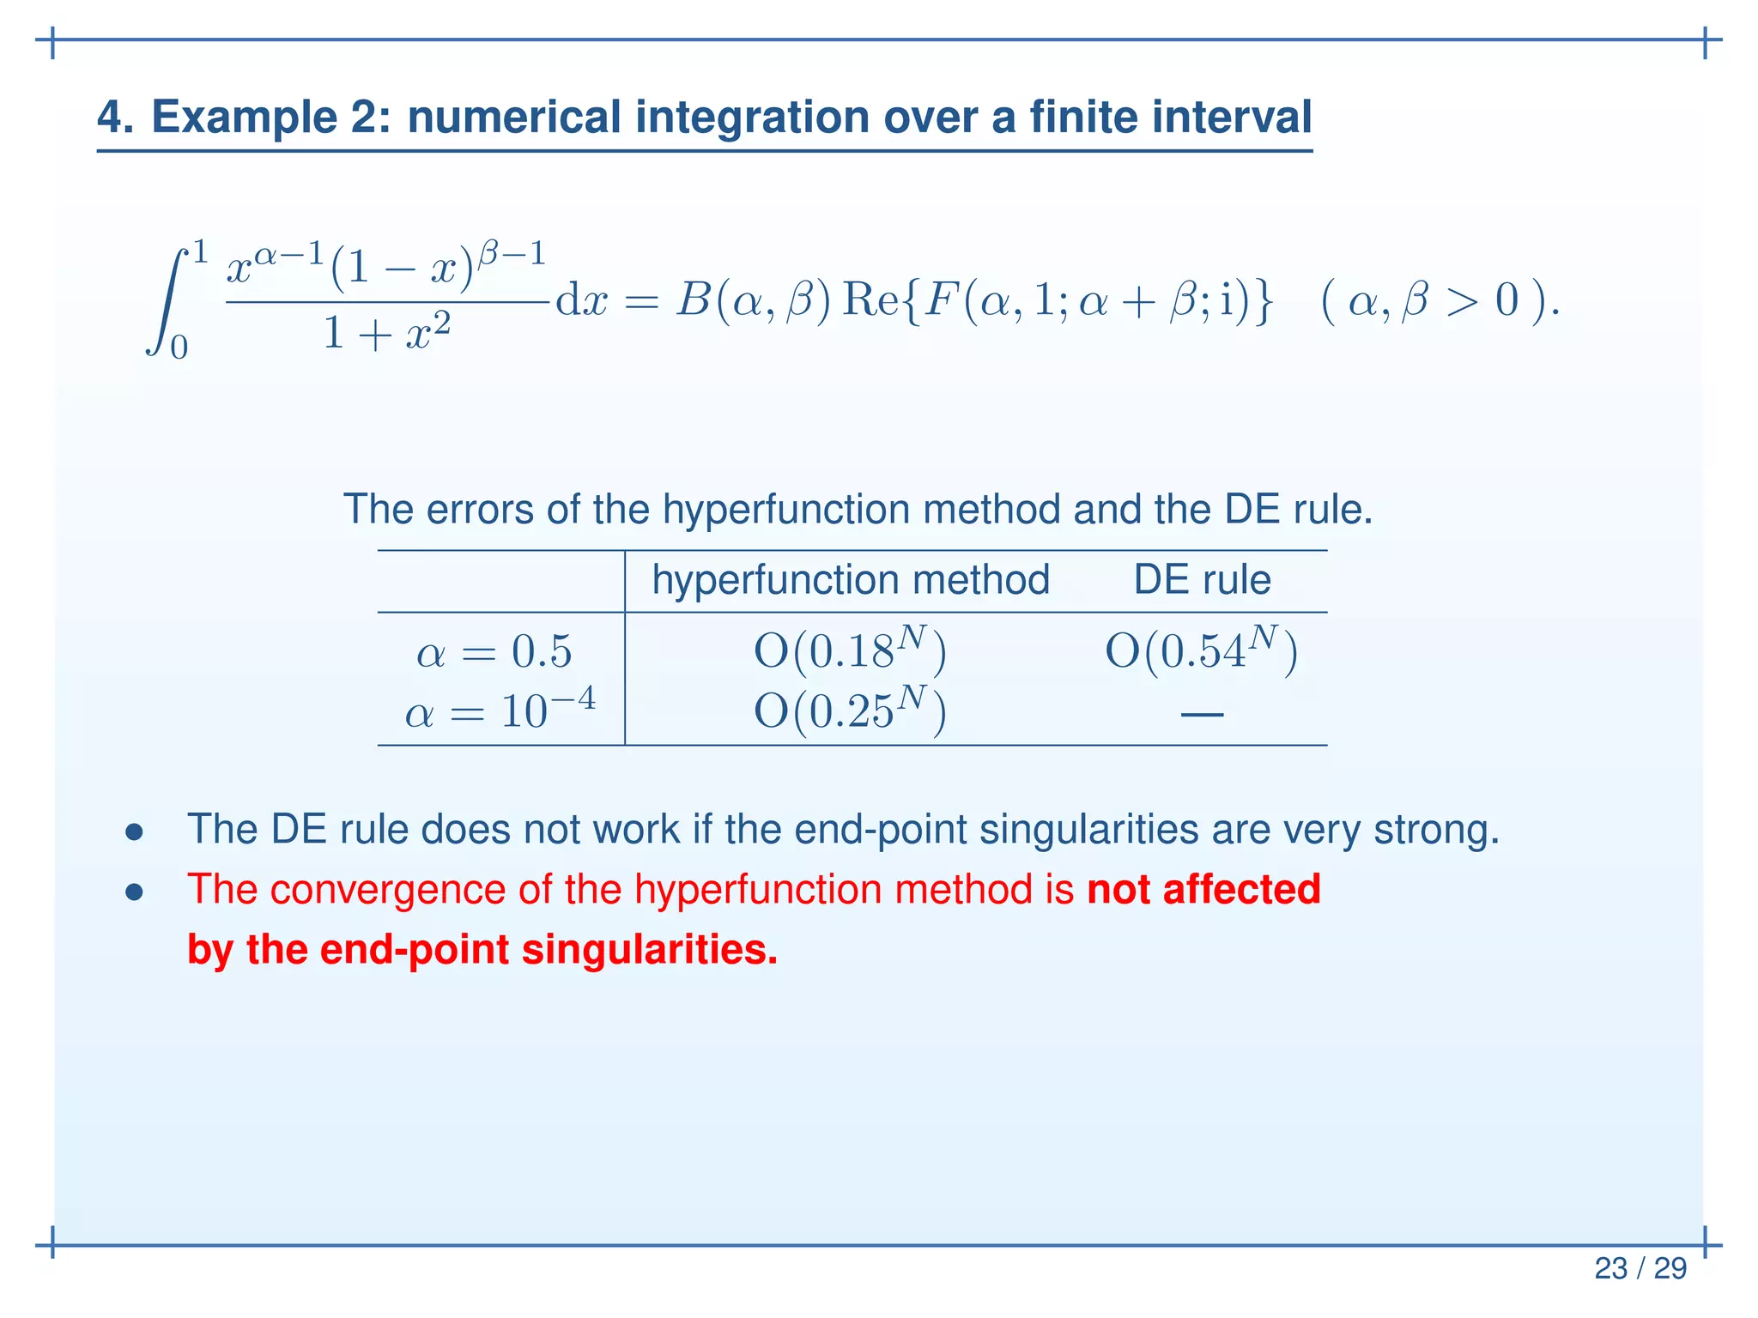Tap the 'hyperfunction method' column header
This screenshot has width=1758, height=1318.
[x=850, y=580]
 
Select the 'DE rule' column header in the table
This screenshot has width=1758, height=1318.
[x=1202, y=580]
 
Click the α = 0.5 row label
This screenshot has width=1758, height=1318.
[x=494, y=652]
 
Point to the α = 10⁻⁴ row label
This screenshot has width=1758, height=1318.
[x=500, y=710]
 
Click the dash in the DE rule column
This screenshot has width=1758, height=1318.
[x=1202, y=713]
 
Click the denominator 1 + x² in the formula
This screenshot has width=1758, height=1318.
[x=386, y=333]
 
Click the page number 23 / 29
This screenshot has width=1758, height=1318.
[x=1640, y=1268]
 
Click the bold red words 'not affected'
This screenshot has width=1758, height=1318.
[x=1203, y=889]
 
